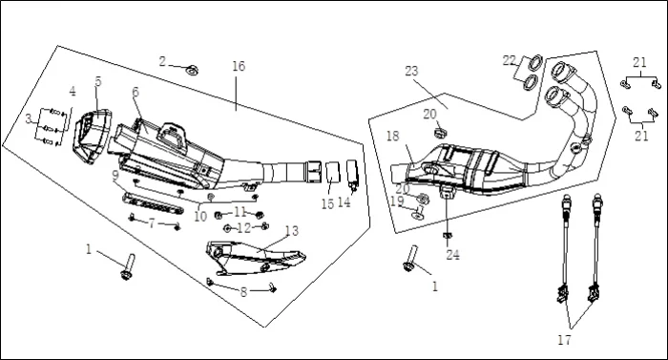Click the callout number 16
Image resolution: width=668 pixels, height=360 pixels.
239,66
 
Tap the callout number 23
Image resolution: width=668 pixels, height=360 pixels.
411,71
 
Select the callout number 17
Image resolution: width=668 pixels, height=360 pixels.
564,340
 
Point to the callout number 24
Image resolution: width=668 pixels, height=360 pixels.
452,255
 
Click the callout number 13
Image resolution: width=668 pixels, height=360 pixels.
292,231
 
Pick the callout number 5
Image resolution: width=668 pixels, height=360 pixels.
98,81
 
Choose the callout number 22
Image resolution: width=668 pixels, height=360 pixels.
509,60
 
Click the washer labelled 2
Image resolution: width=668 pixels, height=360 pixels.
193,70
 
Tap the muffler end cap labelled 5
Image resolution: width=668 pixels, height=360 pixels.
92,136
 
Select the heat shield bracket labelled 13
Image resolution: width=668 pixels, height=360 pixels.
256,257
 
